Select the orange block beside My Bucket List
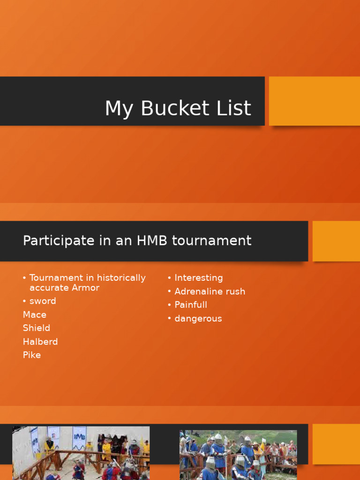[314, 101]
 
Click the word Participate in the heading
[52, 241]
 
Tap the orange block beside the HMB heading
[336, 241]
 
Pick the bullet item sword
[43, 301]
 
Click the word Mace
[35, 315]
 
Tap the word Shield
[37, 328]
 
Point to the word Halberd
[40, 342]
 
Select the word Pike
[32, 355]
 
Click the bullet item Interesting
[198, 278]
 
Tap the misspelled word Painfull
[191, 305]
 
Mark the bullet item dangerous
[198, 319]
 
